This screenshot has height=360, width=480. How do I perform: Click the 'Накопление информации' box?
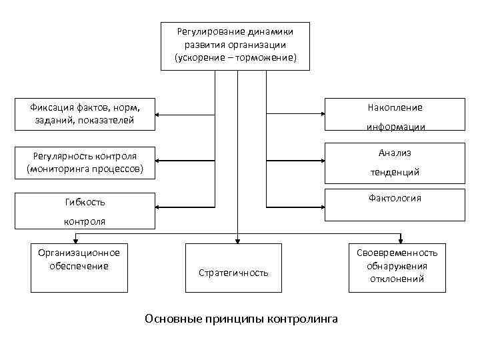395,115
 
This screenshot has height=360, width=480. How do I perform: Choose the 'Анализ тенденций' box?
395,162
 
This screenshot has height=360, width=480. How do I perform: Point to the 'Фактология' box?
395,205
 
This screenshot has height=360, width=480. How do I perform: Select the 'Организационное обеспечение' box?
79,267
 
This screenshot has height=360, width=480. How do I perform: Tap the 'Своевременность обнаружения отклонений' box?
397,267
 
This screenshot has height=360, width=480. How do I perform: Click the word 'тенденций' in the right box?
395,172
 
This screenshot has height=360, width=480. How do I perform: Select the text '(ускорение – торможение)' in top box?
236,58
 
